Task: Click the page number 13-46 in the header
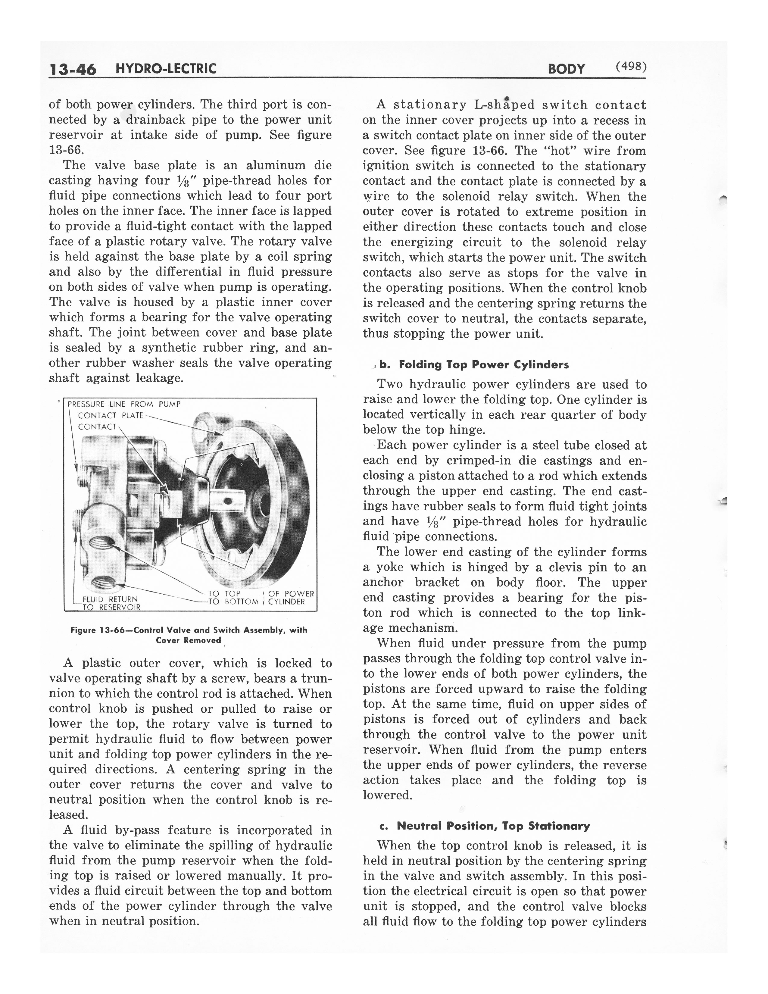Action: [x=73, y=69]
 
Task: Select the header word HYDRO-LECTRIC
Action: [x=166, y=69]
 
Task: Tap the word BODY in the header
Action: [x=566, y=69]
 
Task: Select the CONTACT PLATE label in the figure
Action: [x=111, y=416]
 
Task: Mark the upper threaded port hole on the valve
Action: [x=103, y=542]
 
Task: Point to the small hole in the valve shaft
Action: [x=228, y=501]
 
